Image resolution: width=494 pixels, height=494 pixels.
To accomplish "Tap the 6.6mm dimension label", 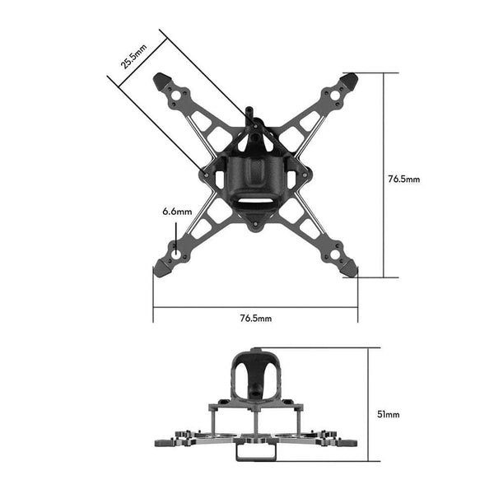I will pos(176,212).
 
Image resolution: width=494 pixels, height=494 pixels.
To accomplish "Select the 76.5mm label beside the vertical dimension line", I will pos(403,178).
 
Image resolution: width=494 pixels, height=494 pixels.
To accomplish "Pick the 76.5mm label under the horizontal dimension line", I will pos(256,317).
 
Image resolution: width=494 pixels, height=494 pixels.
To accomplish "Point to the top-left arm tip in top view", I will pos(161,81).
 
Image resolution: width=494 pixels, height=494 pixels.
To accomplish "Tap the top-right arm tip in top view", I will pos(351,81).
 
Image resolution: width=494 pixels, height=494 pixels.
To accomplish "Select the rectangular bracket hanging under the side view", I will pos(254,450).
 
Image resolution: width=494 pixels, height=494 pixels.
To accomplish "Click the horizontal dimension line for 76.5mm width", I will pos(255,309).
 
